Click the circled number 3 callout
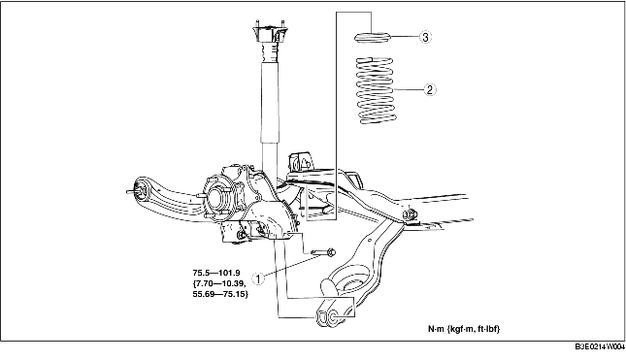(x=426, y=37)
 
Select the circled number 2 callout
(x=430, y=89)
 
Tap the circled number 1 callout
(x=259, y=278)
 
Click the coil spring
(x=376, y=90)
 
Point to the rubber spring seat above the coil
(x=372, y=37)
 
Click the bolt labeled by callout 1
(x=323, y=252)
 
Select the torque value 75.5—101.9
(x=216, y=273)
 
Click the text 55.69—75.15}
(x=220, y=294)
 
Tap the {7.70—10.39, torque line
(x=219, y=283)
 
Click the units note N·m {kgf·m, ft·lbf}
(x=464, y=329)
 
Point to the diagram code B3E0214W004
(x=600, y=346)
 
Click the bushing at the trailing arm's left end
(x=140, y=189)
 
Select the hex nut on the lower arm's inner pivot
(x=410, y=214)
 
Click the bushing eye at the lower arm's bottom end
(x=327, y=316)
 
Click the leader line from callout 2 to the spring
(x=409, y=89)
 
